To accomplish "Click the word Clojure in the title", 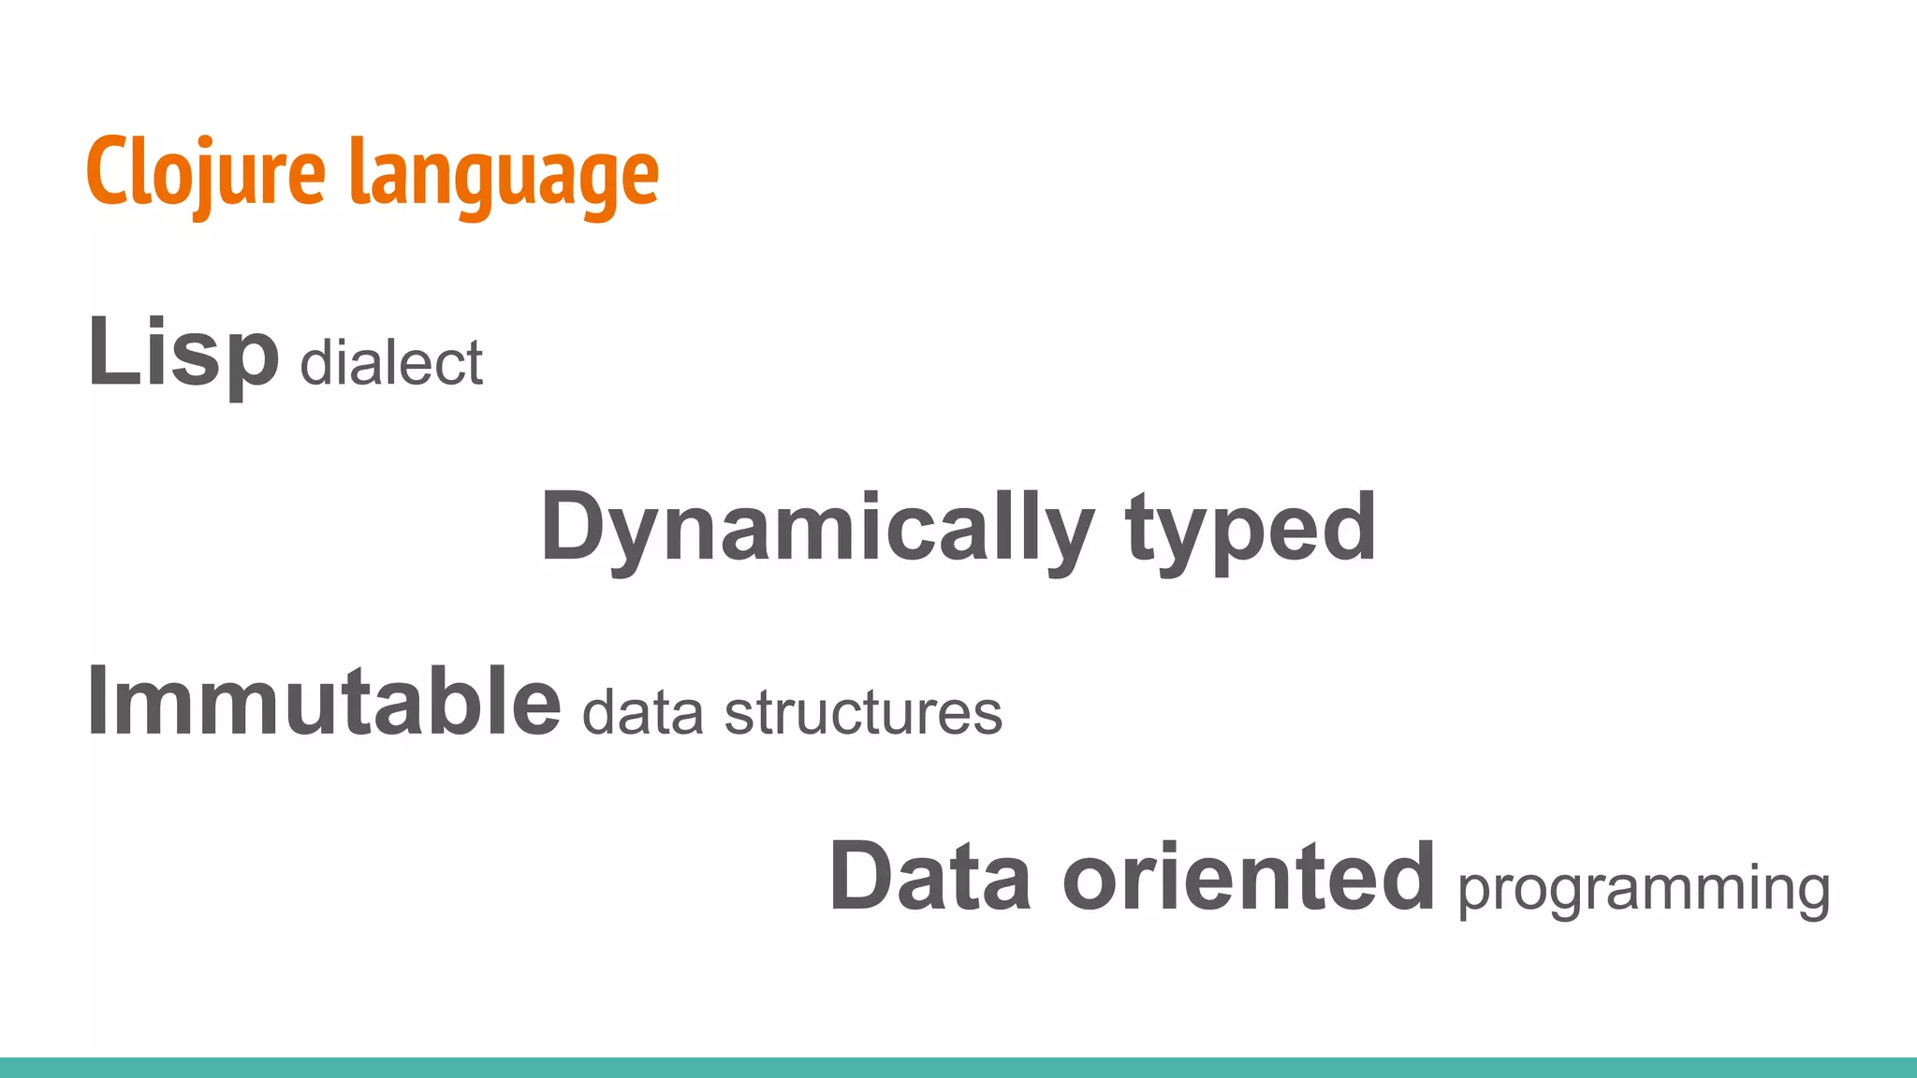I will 206,173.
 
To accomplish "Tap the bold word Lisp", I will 183,354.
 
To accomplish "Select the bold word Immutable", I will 323,702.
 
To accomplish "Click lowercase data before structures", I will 642,713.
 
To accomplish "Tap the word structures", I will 863,713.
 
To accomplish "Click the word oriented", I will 1248,878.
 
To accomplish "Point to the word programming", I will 1644,889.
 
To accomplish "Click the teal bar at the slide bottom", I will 958,1068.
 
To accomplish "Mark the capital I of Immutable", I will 98,702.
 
